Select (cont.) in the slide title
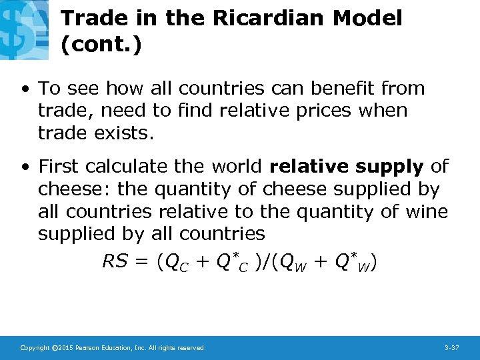click(101, 45)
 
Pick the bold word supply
click(389, 167)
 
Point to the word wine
click(425, 211)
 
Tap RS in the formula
click(115, 263)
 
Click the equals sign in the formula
click(141, 263)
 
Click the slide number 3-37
click(451, 347)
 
